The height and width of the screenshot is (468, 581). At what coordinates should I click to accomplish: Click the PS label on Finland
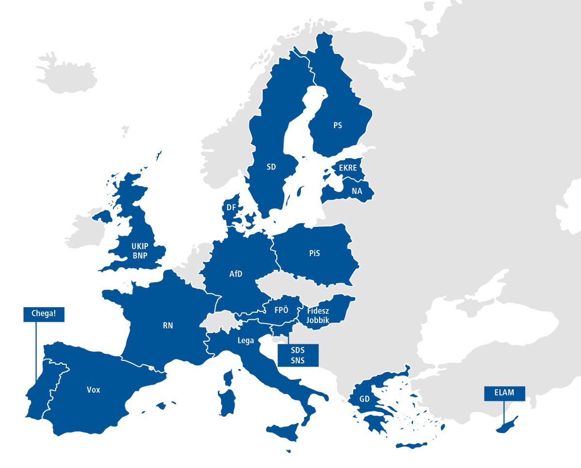[337, 125]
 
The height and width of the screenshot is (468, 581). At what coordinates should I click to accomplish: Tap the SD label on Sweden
[271, 167]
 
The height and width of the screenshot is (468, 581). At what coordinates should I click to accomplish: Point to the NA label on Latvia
[357, 191]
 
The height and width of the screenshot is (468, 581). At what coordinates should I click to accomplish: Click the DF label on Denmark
[231, 208]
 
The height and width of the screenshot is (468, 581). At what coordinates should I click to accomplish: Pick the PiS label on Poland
[315, 253]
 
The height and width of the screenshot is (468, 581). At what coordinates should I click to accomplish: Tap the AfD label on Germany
[236, 274]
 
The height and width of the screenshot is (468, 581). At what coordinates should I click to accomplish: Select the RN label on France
[168, 326]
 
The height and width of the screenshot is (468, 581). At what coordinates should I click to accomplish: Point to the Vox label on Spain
[93, 390]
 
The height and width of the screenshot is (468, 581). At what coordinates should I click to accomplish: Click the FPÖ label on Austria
[281, 311]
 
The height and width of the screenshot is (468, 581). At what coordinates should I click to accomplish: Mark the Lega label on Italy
[246, 341]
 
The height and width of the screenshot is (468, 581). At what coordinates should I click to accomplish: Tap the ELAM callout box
[504, 393]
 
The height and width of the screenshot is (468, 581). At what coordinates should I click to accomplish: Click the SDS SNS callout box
[298, 355]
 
